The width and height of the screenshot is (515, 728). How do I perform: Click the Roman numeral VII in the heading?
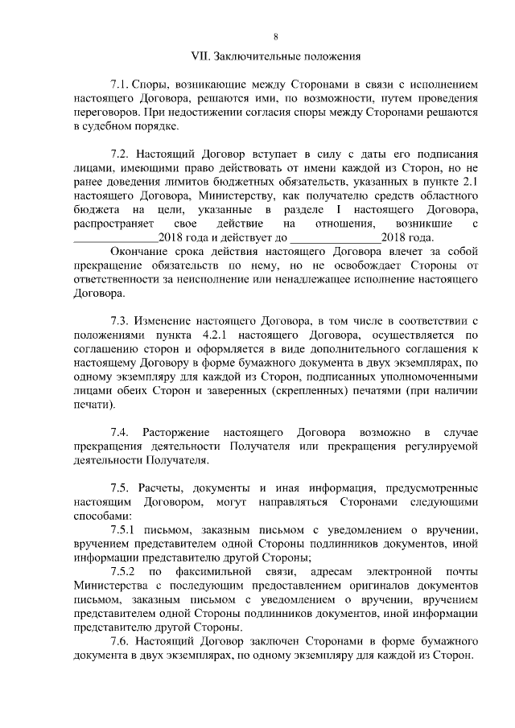[197, 57]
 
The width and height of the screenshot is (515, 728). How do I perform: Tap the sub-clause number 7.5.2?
[125, 571]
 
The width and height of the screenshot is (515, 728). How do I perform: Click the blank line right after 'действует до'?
[335, 237]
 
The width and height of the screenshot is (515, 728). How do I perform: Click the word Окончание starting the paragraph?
[138, 251]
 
